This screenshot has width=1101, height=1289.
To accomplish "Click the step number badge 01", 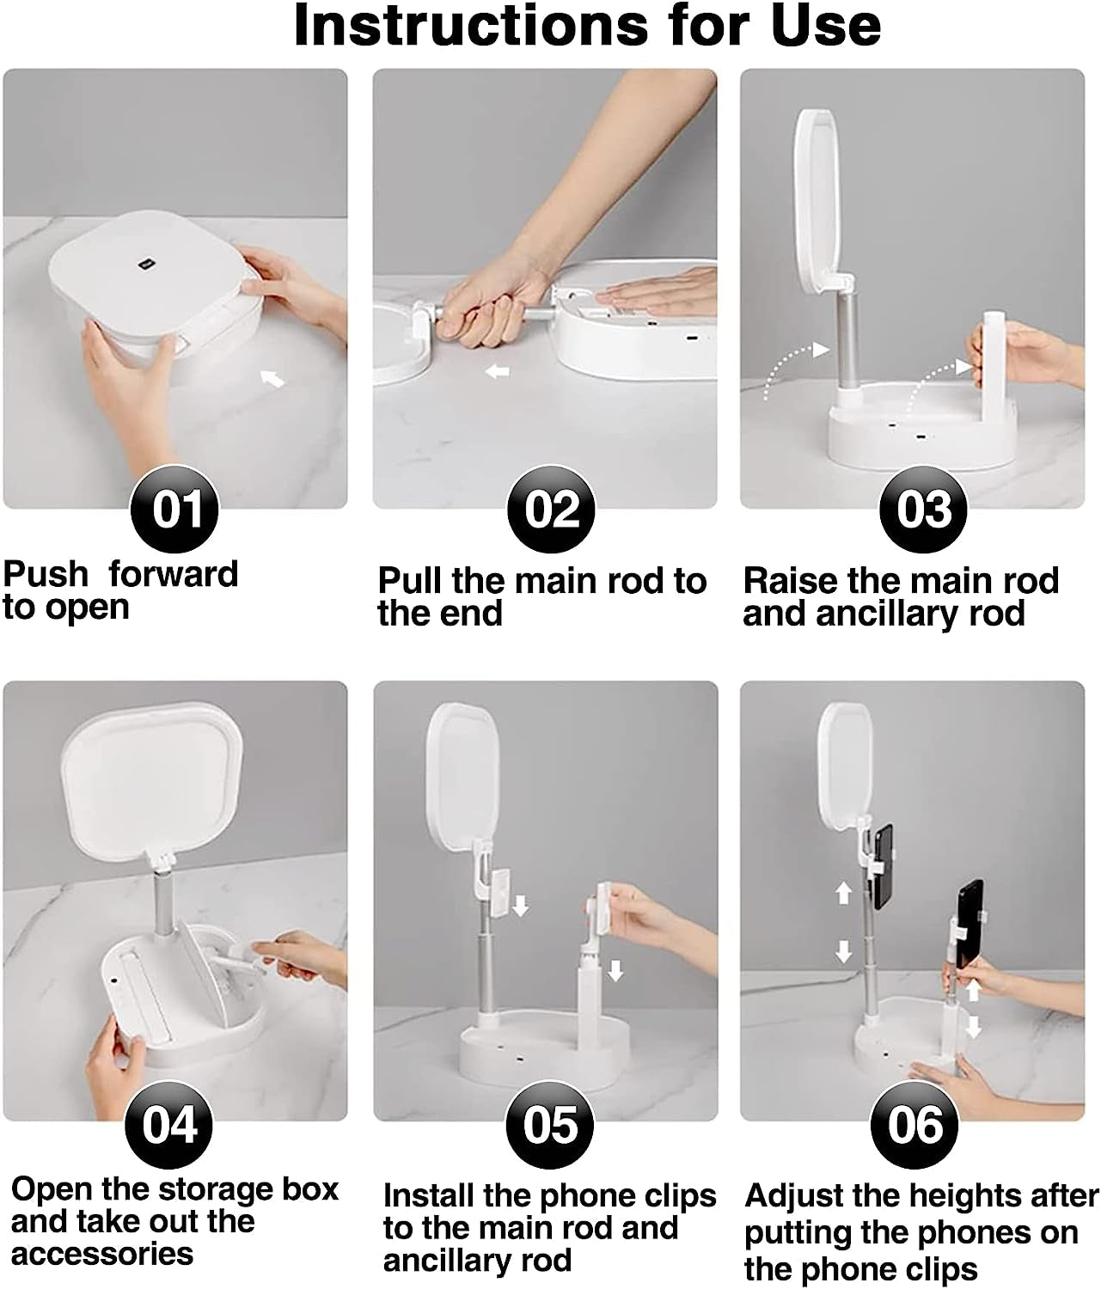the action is [x=174, y=508].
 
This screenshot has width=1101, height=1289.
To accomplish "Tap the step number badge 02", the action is [x=551, y=508].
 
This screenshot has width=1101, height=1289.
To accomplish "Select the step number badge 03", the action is [x=923, y=508].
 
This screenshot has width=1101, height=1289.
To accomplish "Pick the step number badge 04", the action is [x=169, y=1124].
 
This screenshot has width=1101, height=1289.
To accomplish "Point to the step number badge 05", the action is [x=549, y=1124].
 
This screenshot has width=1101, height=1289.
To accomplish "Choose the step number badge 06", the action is [x=914, y=1124].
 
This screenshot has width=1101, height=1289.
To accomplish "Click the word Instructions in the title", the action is [x=471, y=26].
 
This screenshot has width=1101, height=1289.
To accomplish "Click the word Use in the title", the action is [x=825, y=26].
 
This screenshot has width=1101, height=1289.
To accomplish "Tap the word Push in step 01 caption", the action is [x=46, y=574].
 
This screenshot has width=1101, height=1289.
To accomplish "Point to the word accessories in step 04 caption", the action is [x=102, y=1254].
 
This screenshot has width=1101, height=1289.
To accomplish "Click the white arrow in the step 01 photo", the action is [x=272, y=377].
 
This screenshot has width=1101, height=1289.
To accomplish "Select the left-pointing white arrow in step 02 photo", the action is [x=497, y=372].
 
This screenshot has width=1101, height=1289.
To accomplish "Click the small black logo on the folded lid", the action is [x=148, y=264].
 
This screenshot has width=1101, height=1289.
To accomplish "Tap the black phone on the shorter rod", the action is [x=969, y=924].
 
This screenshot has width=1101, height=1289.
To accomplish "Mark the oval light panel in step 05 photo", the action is [x=462, y=777].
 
